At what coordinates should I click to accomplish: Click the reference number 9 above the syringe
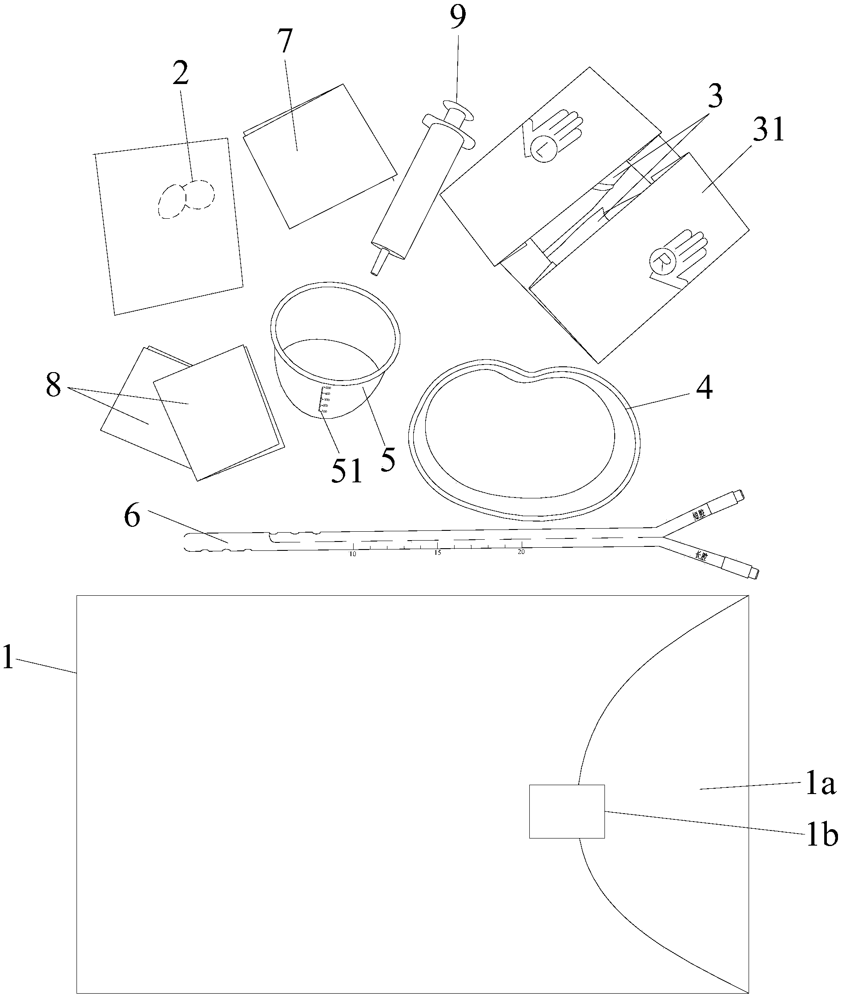457,17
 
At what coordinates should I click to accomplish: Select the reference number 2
181,73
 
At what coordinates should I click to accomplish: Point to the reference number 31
768,130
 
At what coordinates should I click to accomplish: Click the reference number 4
704,389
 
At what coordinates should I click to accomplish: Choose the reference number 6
132,517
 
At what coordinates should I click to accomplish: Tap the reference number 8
53,385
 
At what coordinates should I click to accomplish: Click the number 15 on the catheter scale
437,553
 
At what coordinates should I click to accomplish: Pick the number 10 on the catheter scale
353,554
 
